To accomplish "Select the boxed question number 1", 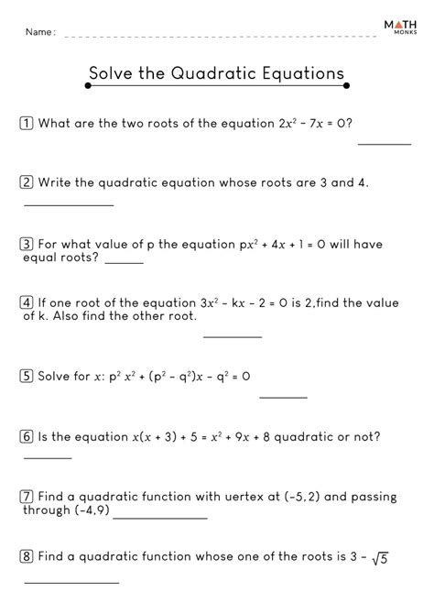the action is tap(27, 122).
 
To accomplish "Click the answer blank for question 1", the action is tap(384, 144).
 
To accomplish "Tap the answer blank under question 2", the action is tap(68, 204).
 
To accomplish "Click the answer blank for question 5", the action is tap(283, 397).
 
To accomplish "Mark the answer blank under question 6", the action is tap(47, 456).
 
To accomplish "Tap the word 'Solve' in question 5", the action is tap(58, 375).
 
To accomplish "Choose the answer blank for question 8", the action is tap(71, 582).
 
